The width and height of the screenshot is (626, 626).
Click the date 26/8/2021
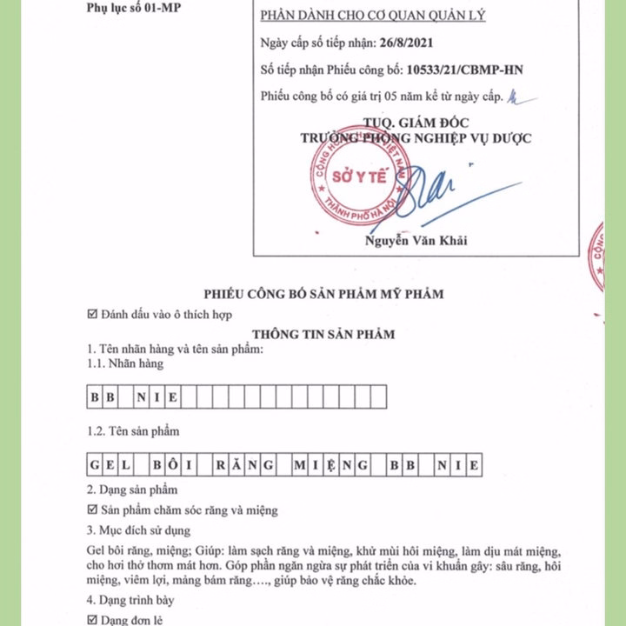coord(404,43)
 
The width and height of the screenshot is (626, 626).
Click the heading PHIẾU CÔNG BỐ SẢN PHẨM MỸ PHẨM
coord(323,294)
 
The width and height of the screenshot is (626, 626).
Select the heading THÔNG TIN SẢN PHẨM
coord(323,333)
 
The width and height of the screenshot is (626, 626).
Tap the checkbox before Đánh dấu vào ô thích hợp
coord(93,314)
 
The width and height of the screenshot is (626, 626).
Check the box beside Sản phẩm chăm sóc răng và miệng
coord(93,510)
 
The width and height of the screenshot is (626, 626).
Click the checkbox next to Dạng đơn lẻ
coord(93,620)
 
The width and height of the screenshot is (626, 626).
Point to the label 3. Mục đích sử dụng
coord(138,530)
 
